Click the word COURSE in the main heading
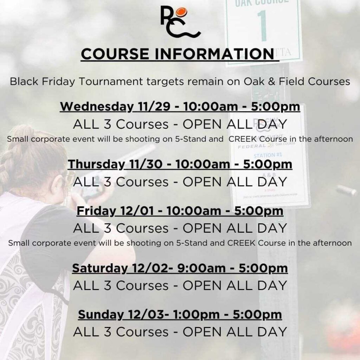point(115,54)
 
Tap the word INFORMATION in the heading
point(214,54)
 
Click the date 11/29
point(154,107)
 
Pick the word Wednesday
point(97,107)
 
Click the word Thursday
point(96,165)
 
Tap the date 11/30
point(146,164)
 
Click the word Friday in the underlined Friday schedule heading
point(96,211)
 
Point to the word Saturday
point(100,268)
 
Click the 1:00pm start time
point(196,315)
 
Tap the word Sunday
point(101,315)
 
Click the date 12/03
point(147,315)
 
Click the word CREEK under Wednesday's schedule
point(243,139)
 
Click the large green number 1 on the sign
point(262,25)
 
